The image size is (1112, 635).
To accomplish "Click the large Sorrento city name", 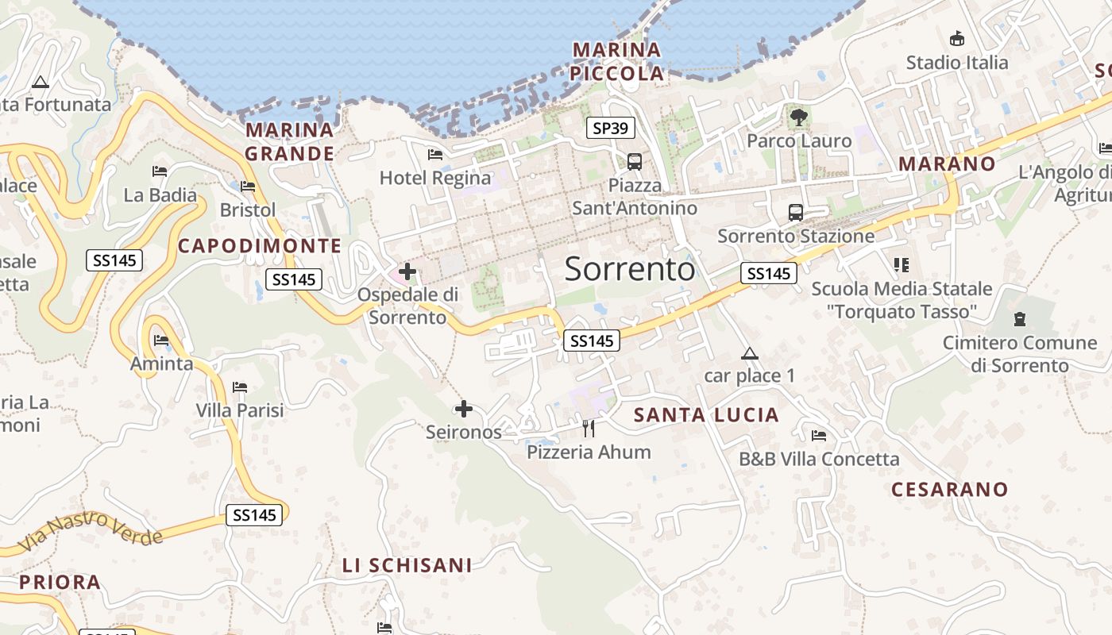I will point(630,270).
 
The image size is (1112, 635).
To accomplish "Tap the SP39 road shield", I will point(611,127).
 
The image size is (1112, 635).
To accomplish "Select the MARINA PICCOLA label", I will point(617,62).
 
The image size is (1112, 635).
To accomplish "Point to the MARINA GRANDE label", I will point(289,141).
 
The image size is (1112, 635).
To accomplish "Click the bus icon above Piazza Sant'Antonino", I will point(635,162).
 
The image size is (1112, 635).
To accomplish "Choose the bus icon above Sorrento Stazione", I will point(795,213).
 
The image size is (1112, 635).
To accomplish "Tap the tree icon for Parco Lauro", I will point(799,118).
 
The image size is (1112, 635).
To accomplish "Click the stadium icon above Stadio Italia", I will point(957,38).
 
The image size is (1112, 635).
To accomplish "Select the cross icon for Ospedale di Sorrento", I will point(407,272).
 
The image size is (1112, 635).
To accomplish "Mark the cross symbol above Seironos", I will point(464,410).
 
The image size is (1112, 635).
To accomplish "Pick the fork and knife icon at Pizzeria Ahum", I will point(589,429).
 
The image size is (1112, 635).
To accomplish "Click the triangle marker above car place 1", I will point(749,353).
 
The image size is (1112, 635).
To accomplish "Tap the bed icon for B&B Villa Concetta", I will point(819,436).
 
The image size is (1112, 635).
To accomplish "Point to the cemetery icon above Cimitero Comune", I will point(1020,319).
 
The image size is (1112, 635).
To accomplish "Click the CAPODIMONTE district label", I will point(260,246).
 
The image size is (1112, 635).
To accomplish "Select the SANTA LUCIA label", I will point(706,415).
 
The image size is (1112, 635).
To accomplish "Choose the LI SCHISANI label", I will point(407,565).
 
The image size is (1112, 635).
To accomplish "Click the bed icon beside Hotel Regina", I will point(435,155).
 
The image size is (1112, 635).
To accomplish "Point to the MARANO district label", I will point(947,164).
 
